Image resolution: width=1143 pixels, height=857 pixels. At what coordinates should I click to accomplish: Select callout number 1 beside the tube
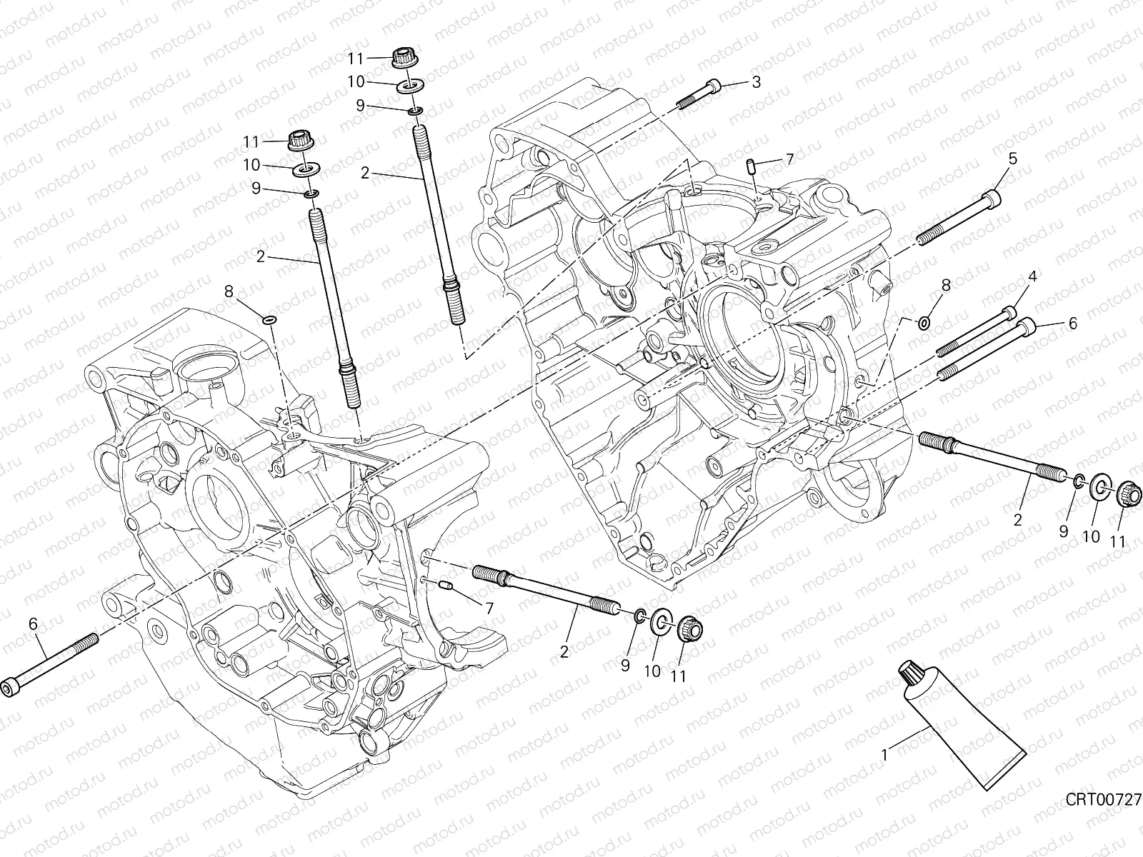(x=885, y=753)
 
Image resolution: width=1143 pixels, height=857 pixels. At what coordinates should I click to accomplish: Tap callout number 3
(x=756, y=82)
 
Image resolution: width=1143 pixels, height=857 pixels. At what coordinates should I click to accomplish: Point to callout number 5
(x=1013, y=159)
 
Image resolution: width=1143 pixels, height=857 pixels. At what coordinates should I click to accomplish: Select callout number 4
(x=1032, y=276)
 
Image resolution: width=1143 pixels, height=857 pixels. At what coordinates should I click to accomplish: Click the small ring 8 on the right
(x=923, y=324)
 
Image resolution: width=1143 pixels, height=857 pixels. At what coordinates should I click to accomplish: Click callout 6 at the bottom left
(x=33, y=623)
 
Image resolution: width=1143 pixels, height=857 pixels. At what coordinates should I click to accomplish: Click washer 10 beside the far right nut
(x=1101, y=489)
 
